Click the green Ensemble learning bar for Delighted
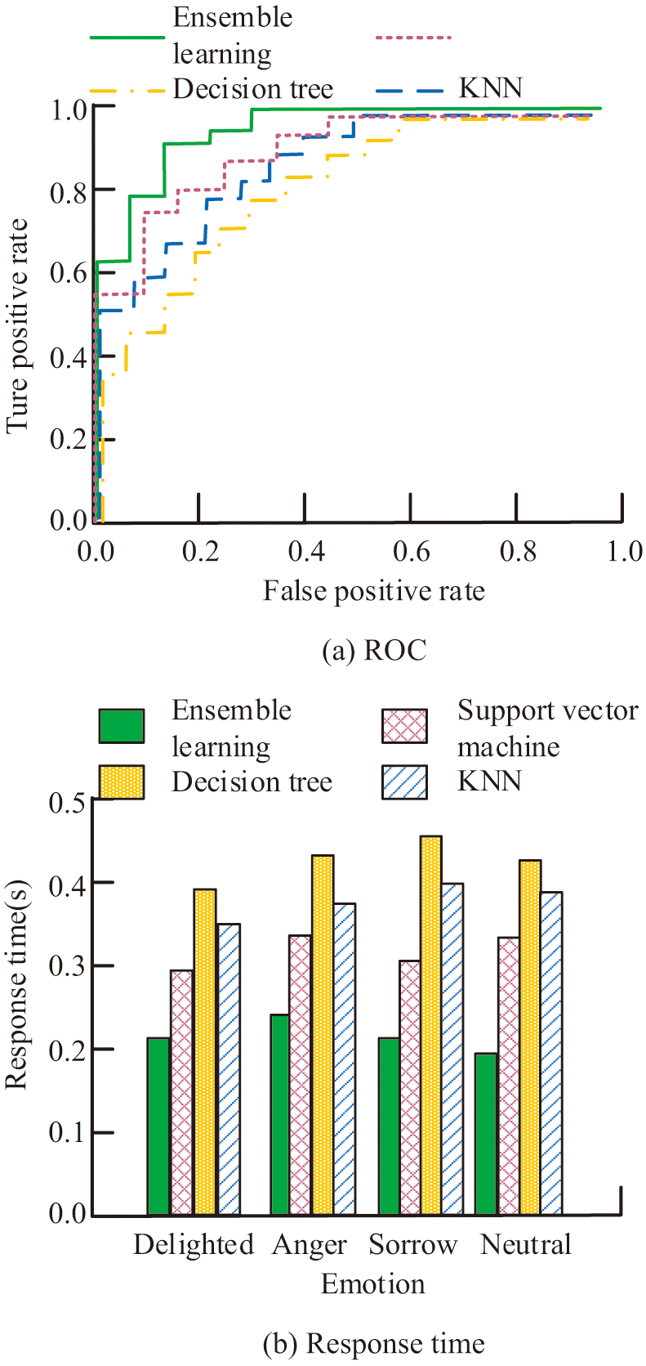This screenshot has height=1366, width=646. [158, 1126]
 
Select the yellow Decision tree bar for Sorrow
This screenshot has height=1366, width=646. [430, 1025]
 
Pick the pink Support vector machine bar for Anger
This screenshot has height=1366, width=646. [300, 1074]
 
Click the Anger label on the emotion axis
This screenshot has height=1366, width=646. [310, 1245]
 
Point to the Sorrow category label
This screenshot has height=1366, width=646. [412, 1245]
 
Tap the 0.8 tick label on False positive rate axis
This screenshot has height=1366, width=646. [519, 552]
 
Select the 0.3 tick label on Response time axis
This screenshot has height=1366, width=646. [68, 966]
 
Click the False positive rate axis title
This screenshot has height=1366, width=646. [373, 591]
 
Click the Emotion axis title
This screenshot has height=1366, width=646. [372, 1284]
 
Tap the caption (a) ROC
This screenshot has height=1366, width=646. [374, 651]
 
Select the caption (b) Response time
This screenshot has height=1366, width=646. [373, 1344]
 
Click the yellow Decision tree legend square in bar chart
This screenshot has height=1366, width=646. [121, 782]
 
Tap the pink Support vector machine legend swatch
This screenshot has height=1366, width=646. [404, 726]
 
